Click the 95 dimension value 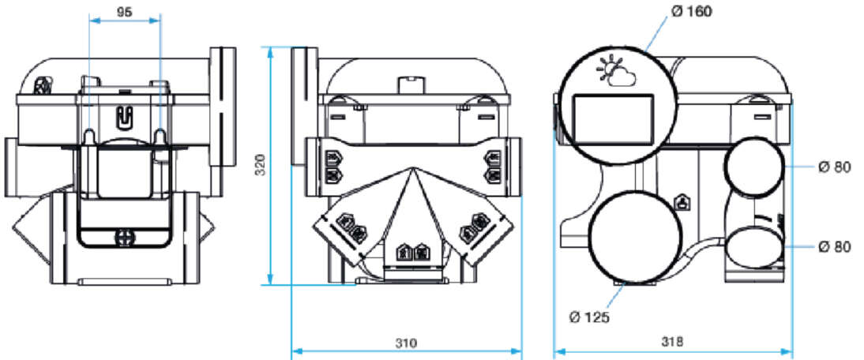[125, 12]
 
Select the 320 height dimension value [261, 165]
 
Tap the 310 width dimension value [406, 343]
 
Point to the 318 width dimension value [672, 343]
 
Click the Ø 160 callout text [692, 11]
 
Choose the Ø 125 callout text [590, 317]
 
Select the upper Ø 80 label [835, 168]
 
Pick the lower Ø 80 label [835, 247]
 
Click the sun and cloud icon [616, 72]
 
